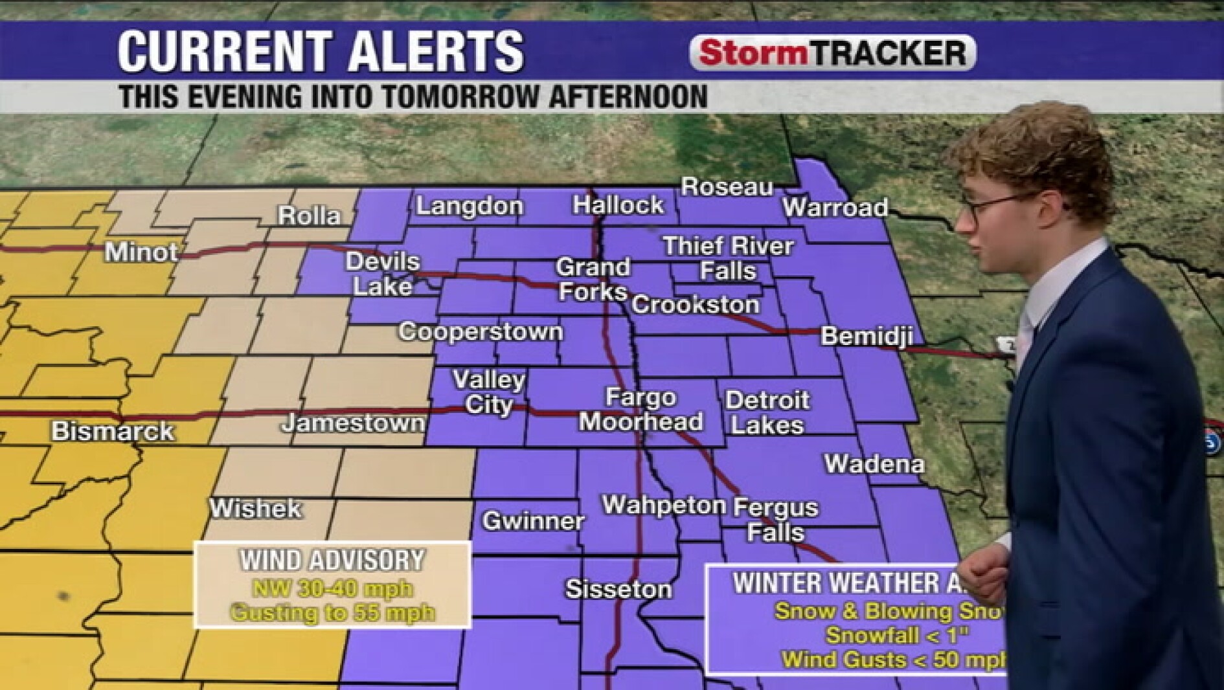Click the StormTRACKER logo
[833, 52]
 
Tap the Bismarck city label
[113, 431]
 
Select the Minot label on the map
[141, 252]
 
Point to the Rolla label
[309, 216]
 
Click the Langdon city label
[469, 206]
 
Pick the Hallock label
[618, 205]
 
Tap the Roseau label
[727, 187]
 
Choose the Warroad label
[835, 208]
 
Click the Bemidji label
[867, 336]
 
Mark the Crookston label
[696, 304]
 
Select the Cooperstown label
[481, 331]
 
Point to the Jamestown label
[353, 423]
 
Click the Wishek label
[255, 508]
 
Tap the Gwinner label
[533, 521]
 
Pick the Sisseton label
[618, 589]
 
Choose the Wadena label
[874, 463]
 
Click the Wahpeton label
[664, 505]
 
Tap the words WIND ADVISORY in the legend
[332, 561]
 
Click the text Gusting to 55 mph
[332, 612]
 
